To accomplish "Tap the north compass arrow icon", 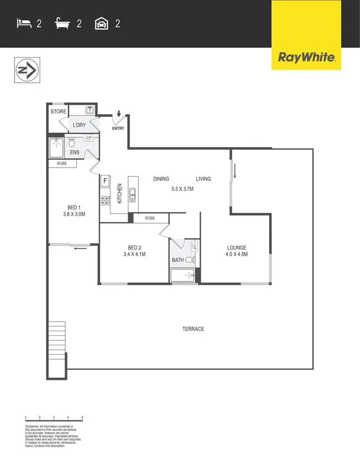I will (x=26, y=71).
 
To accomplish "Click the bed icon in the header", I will (x=23, y=23).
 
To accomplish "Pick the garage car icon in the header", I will (x=101, y=23).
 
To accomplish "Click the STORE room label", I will (x=59, y=112).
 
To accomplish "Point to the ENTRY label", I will (x=118, y=129).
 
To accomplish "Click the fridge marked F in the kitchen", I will (x=104, y=181).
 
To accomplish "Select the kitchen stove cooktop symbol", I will (x=104, y=199).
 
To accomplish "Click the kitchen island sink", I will (x=133, y=194).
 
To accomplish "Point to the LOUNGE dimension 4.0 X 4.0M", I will (x=236, y=254).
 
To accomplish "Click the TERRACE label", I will (x=193, y=329).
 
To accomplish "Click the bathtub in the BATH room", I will (x=183, y=275).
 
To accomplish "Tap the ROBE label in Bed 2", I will (x=150, y=218).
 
